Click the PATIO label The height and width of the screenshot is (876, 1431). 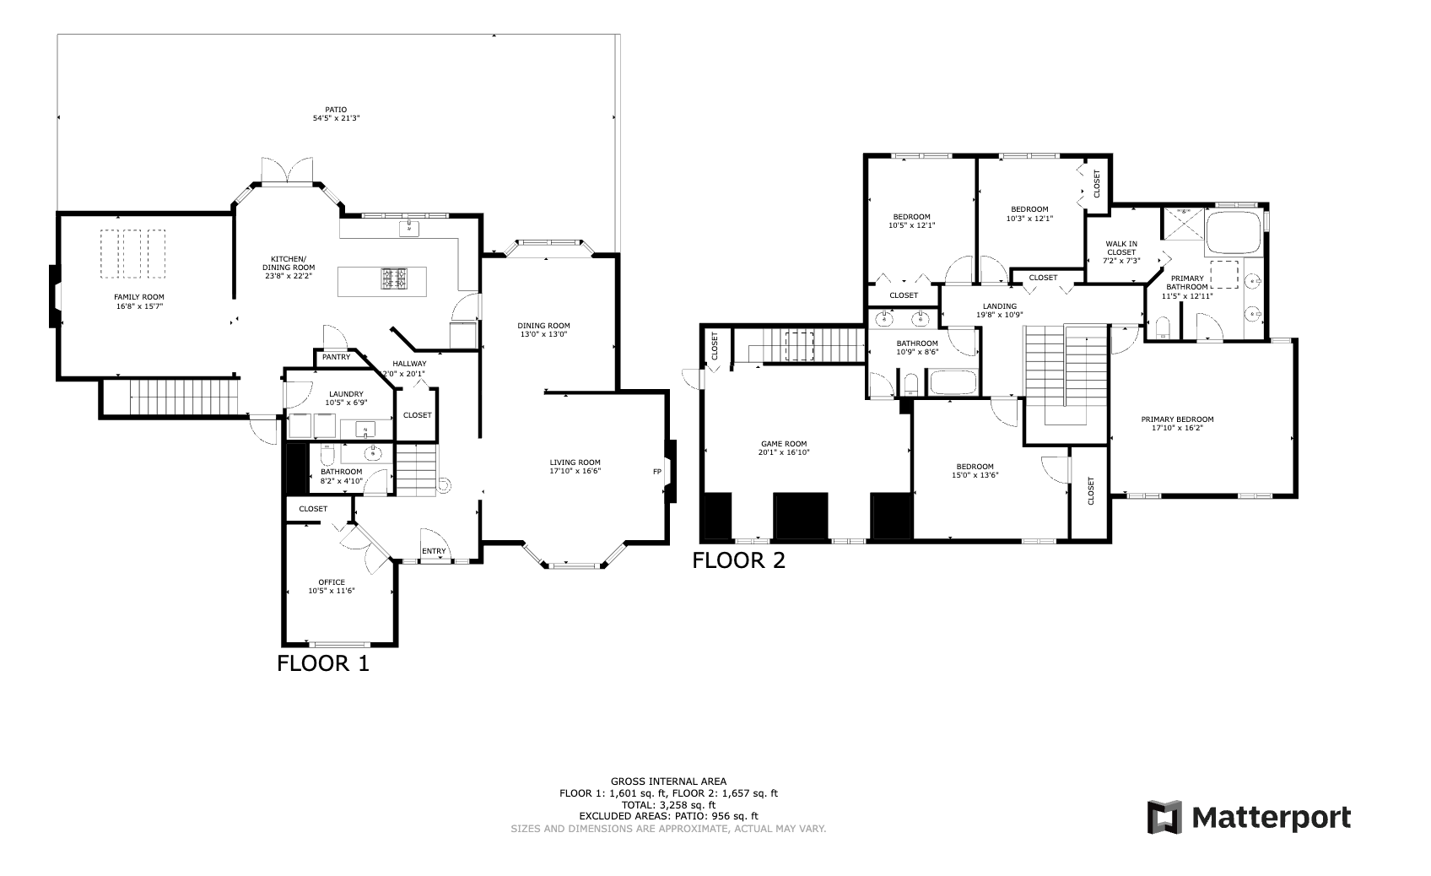[336, 109]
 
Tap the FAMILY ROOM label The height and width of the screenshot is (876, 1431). [139, 297]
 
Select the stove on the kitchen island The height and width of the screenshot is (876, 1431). [394, 279]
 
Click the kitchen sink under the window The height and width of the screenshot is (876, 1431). [409, 228]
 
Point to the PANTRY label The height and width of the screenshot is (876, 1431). [336, 357]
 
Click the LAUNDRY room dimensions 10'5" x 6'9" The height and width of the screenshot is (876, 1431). [346, 403]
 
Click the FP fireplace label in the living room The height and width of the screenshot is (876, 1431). [656, 473]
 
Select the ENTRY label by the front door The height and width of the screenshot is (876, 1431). [434, 551]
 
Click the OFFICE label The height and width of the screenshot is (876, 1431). [332, 582]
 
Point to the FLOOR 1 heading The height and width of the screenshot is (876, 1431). [323, 663]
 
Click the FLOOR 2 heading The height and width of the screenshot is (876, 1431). [739, 560]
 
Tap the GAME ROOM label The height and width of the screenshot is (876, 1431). [784, 443]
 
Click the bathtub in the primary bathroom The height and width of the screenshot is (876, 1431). [1234, 234]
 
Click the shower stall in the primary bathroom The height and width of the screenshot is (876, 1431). [1183, 224]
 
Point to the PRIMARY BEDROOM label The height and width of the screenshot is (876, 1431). [1177, 419]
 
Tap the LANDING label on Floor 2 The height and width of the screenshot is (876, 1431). [1000, 306]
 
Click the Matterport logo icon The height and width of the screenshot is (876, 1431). [1164, 817]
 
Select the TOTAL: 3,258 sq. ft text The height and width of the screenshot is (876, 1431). [668, 805]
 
